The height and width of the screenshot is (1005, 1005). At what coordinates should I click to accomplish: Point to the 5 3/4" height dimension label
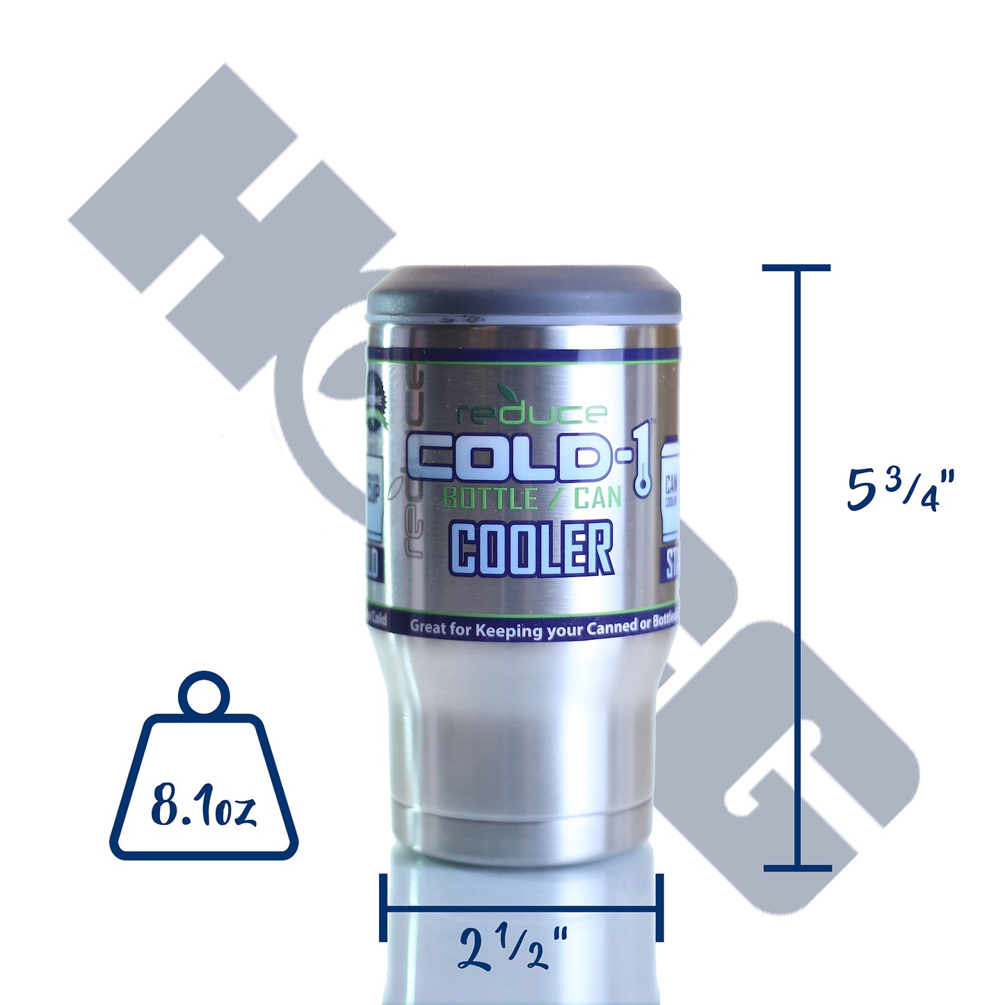click(x=901, y=489)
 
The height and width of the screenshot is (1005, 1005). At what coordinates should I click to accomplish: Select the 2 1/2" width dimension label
click(x=513, y=949)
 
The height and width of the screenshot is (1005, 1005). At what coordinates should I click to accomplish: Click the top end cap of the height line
click(x=796, y=268)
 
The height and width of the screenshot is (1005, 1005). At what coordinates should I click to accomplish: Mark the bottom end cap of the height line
click(x=797, y=868)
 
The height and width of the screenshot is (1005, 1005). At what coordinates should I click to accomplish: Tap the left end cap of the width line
click(x=383, y=908)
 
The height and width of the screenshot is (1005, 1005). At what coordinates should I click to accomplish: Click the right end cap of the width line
click(x=659, y=908)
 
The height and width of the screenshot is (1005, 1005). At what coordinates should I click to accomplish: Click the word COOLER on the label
click(x=532, y=549)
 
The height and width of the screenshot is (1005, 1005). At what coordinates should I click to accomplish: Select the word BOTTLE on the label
click(x=490, y=499)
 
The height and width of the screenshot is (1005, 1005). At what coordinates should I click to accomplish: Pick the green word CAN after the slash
click(x=597, y=498)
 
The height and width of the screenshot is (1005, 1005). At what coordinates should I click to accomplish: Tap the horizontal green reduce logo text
click(x=532, y=415)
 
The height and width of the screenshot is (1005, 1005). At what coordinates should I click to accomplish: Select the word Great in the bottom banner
click(x=428, y=627)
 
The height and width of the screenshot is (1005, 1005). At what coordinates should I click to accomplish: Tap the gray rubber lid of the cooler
click(x=523, y=291)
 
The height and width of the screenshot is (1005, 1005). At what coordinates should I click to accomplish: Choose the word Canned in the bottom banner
click(x=611, y=627)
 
